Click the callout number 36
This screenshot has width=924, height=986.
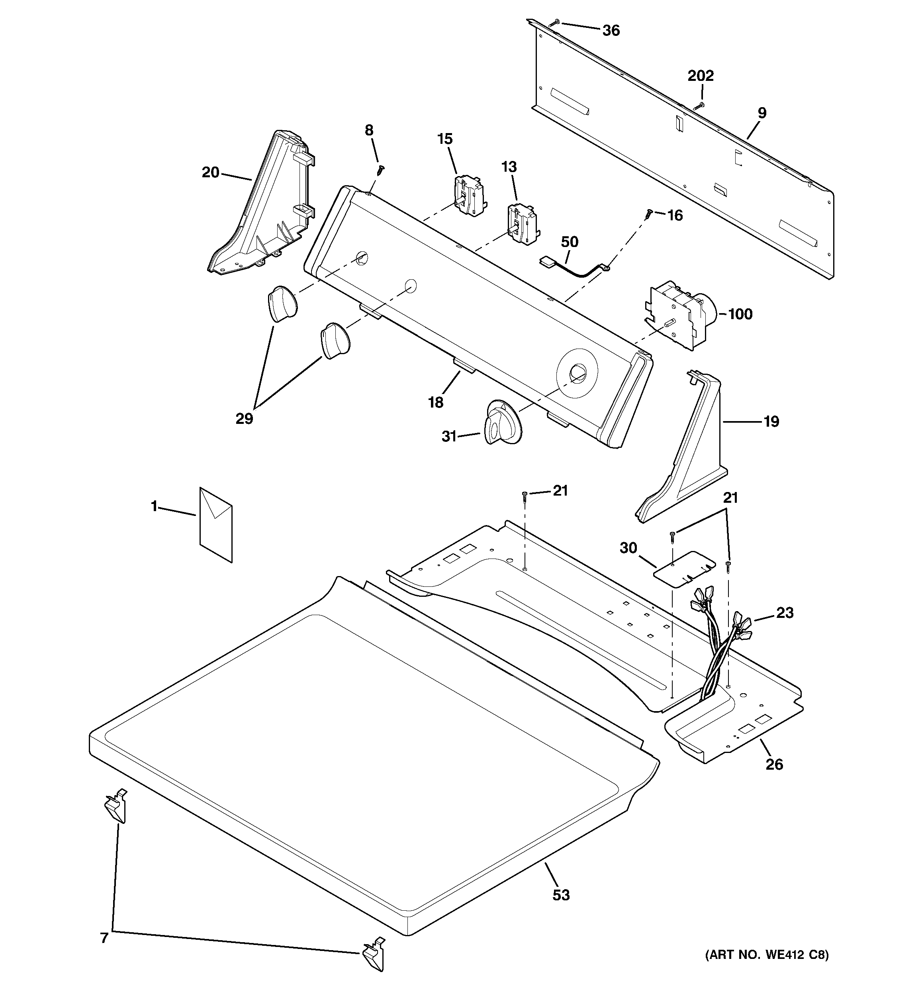(x=611, y=31)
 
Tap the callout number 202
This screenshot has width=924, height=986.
(x=700, y=76)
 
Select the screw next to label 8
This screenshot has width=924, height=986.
(x=380, y=170)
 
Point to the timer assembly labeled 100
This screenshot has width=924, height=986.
(x=678, y=314)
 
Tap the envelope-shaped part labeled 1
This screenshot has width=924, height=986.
(x=216, y=524)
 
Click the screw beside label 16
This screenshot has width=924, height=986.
(x=648, y=214)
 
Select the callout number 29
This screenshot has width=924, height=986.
(x=244, y=419)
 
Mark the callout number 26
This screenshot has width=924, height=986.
(x=774, y=764)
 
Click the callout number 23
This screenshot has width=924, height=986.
(x=785, y=613)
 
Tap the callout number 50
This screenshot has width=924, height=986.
(x=570, y=242)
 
